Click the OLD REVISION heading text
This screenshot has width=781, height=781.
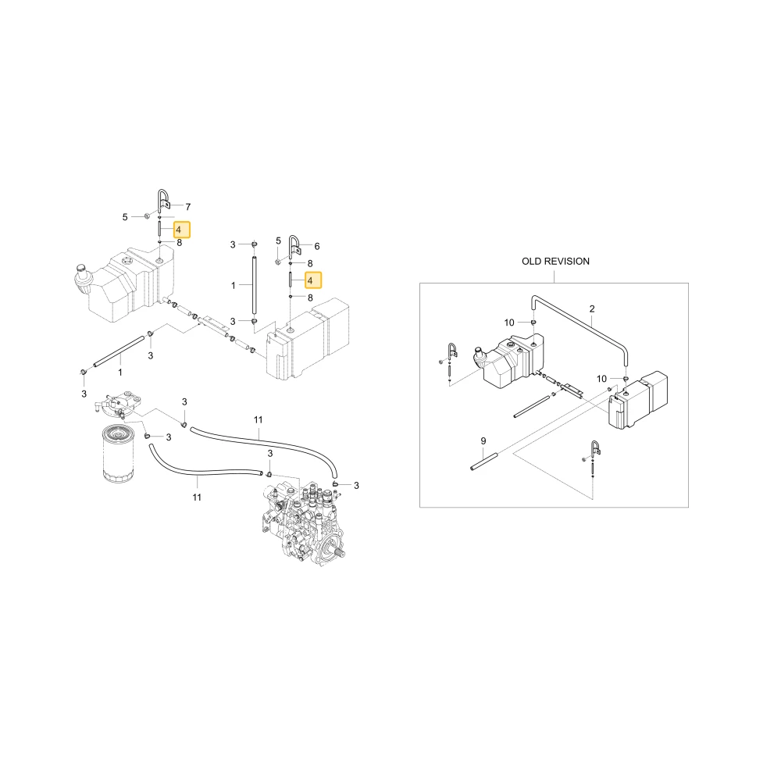[x=555, y=262]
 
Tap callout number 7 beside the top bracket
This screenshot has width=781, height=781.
[x=187, y=207]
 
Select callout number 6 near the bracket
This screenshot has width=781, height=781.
[x=317, y=246]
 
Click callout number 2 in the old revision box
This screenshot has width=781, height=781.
[x=592, y=308]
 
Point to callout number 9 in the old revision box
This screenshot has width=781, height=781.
[x=483, y=440]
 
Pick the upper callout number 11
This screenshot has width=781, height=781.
[x=258, y=420]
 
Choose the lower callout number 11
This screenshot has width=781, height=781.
[x=197, y=497]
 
